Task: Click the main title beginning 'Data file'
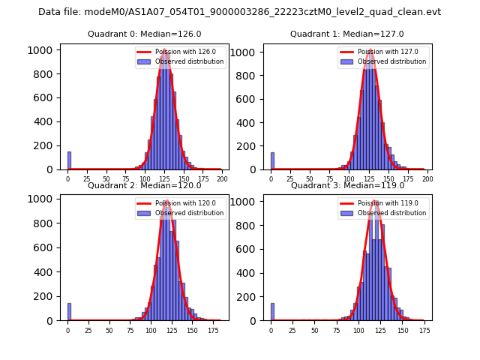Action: tap(239, 12)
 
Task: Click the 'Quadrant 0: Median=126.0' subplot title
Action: tap(144, 34)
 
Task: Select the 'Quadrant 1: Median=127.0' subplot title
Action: tap(347, 34)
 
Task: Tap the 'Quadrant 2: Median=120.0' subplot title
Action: tap(144, 185)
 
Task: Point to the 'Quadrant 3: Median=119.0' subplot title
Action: tap(347, 185)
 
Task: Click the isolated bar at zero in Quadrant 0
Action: tap(69, 160)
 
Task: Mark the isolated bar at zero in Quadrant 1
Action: tap(272, 161)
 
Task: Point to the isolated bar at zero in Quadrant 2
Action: tap(69, 312)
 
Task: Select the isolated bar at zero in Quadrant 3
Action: tap(272, 312)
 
